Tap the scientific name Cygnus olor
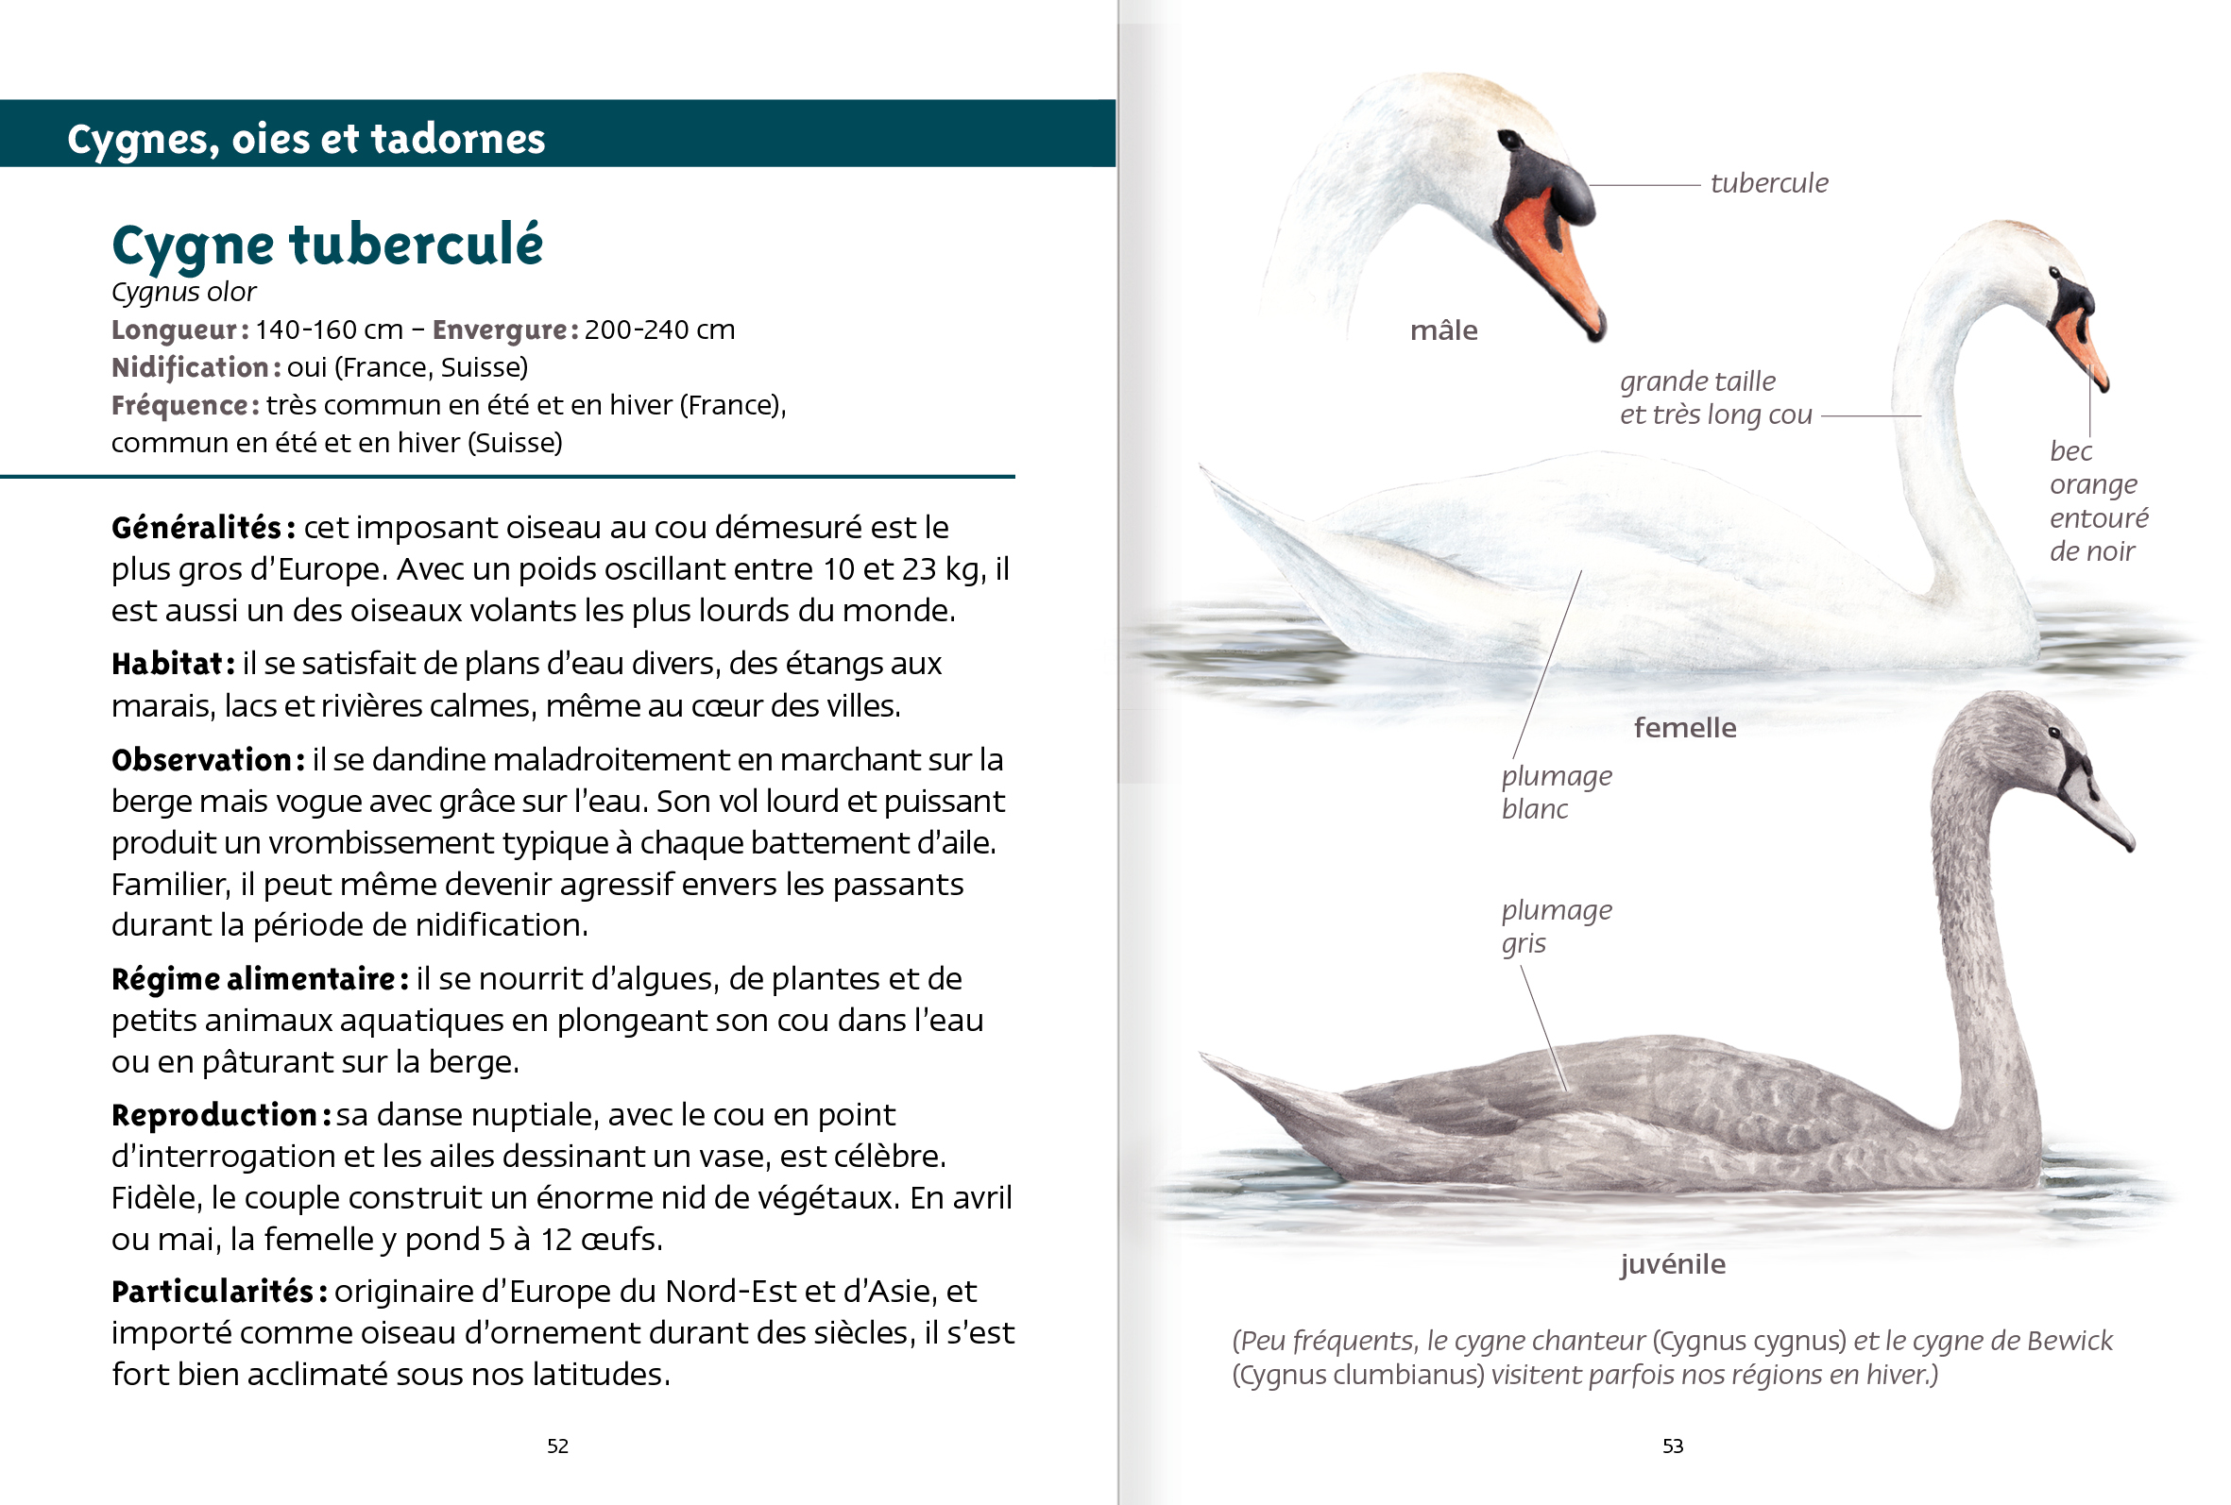point(183,292)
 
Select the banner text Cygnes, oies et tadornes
point(305,138)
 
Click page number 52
point(557,1446)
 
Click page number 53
point(1672,1446)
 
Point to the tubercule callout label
point(1768,182)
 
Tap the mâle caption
point(1443,330)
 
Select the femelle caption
point(1685,728)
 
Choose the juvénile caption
point(1672,1263)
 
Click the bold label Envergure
point(504,330)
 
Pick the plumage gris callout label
point(1555,925)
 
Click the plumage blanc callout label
point(1555,791)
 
